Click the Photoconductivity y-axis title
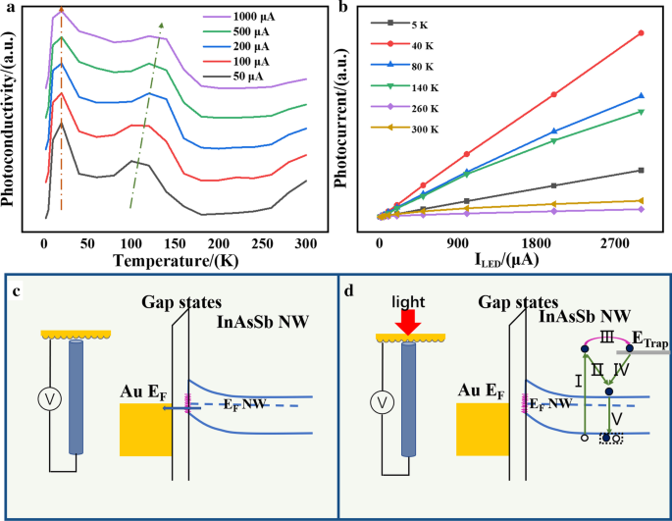click(11, 117)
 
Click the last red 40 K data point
click(642, 33)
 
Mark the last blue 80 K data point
click(642, 95)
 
